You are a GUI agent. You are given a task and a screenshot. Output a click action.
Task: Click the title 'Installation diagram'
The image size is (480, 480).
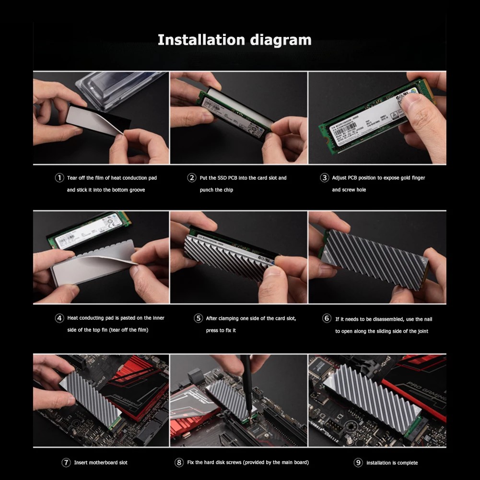[x=234, y=40]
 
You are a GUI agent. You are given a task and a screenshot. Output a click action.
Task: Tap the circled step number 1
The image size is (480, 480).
[x=59, y=178]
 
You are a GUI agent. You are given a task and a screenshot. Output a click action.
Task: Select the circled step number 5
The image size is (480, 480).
[x=199, y=318]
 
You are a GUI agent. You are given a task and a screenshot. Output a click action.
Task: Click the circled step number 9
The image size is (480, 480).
[x=358, y=463]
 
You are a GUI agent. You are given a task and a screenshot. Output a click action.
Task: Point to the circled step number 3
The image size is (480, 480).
[x=324, y=178]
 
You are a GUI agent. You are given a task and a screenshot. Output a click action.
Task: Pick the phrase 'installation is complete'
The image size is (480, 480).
[x=392, y=463]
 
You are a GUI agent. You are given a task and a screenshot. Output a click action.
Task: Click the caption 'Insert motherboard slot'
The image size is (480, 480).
[x=101, y=463]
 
